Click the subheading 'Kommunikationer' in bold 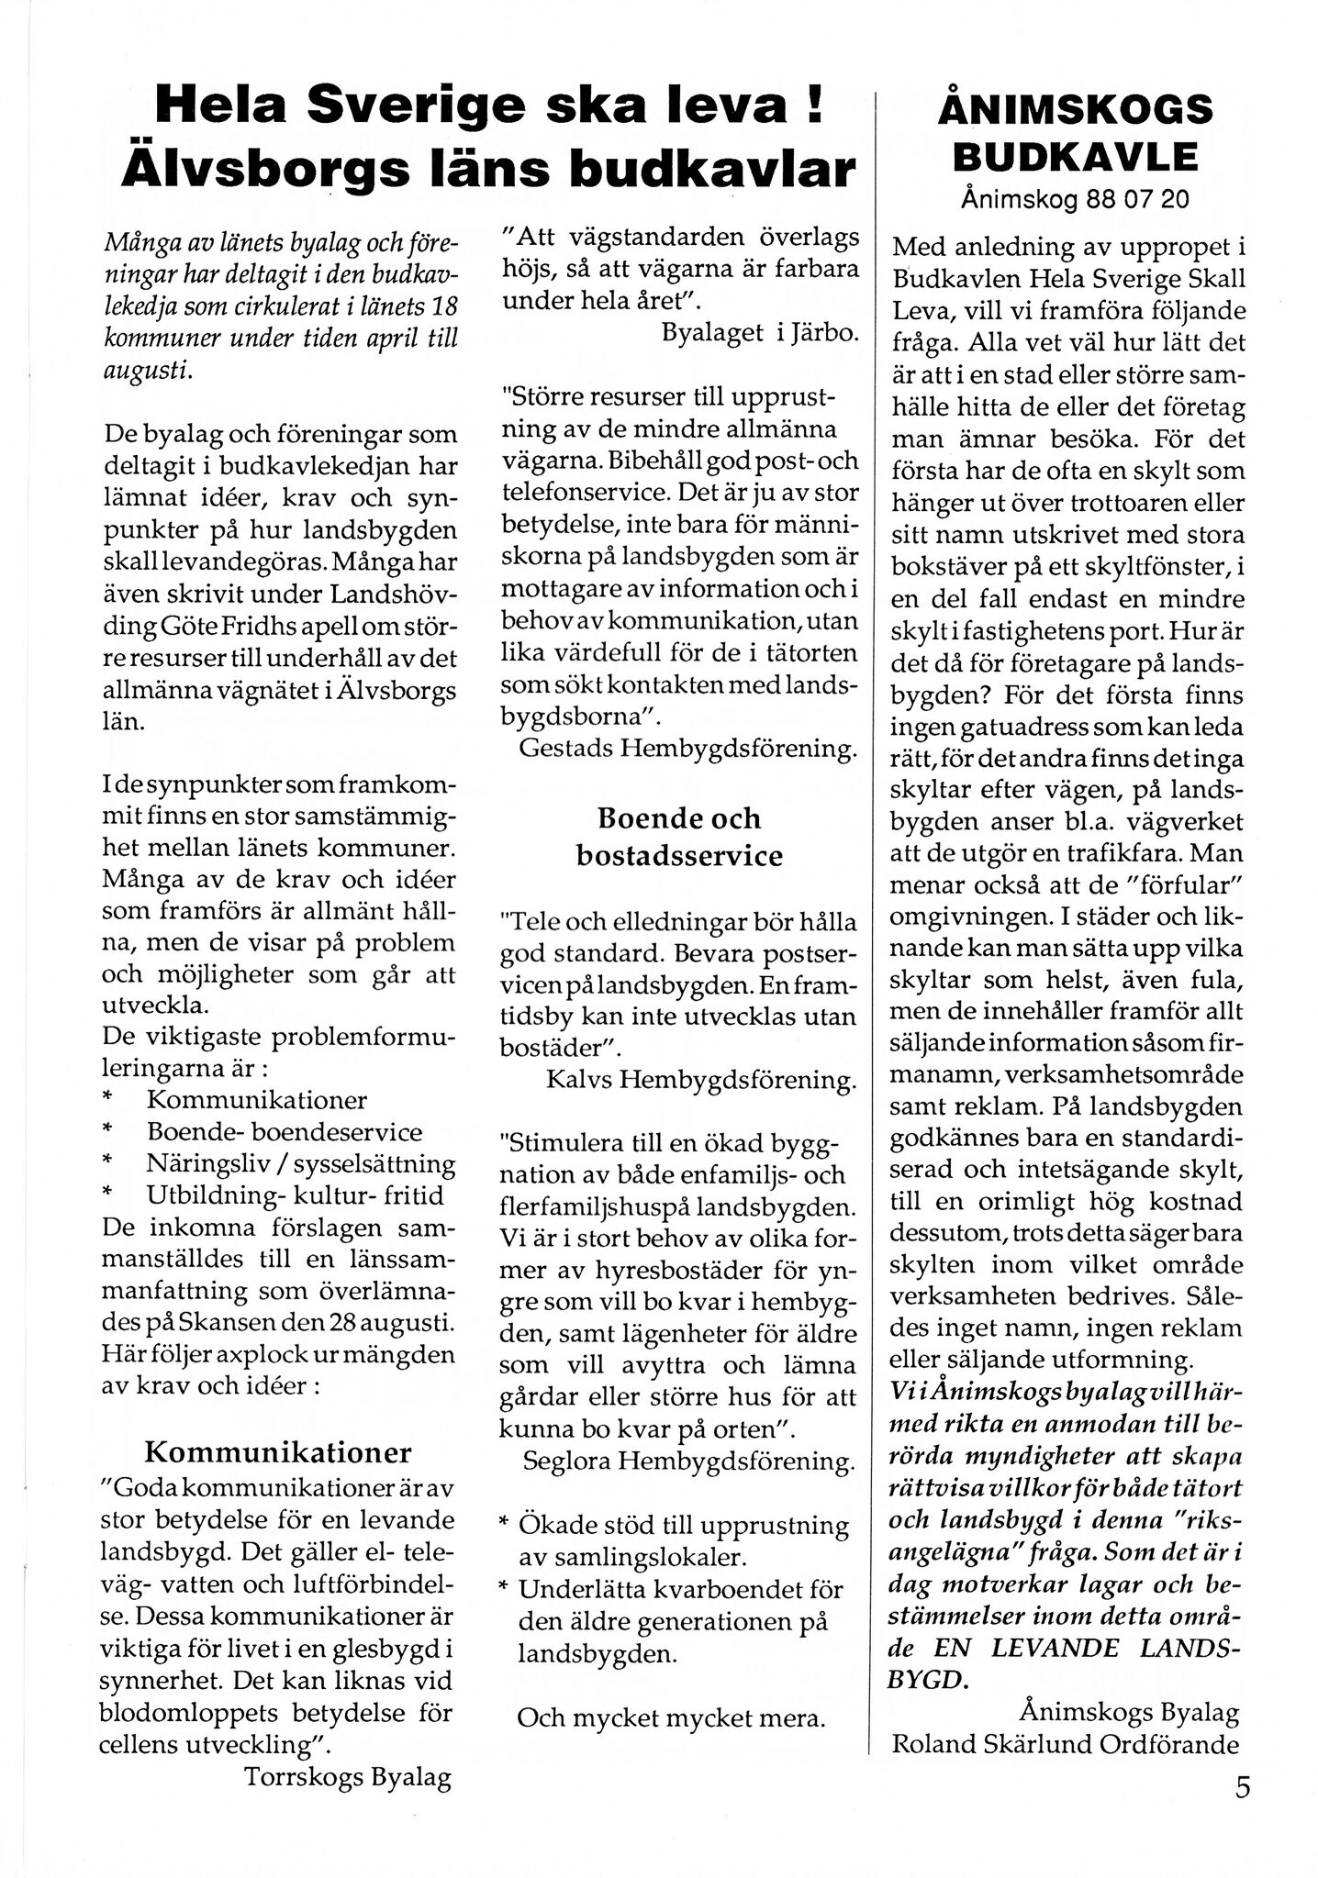[278, 1452]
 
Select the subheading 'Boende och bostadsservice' [679, 836]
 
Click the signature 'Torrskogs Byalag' [348, 1778]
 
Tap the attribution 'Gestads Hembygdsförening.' [688, 748]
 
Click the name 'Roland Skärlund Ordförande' [1066, 1743]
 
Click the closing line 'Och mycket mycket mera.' [671, 1717]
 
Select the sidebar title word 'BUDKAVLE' [1075, 157]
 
